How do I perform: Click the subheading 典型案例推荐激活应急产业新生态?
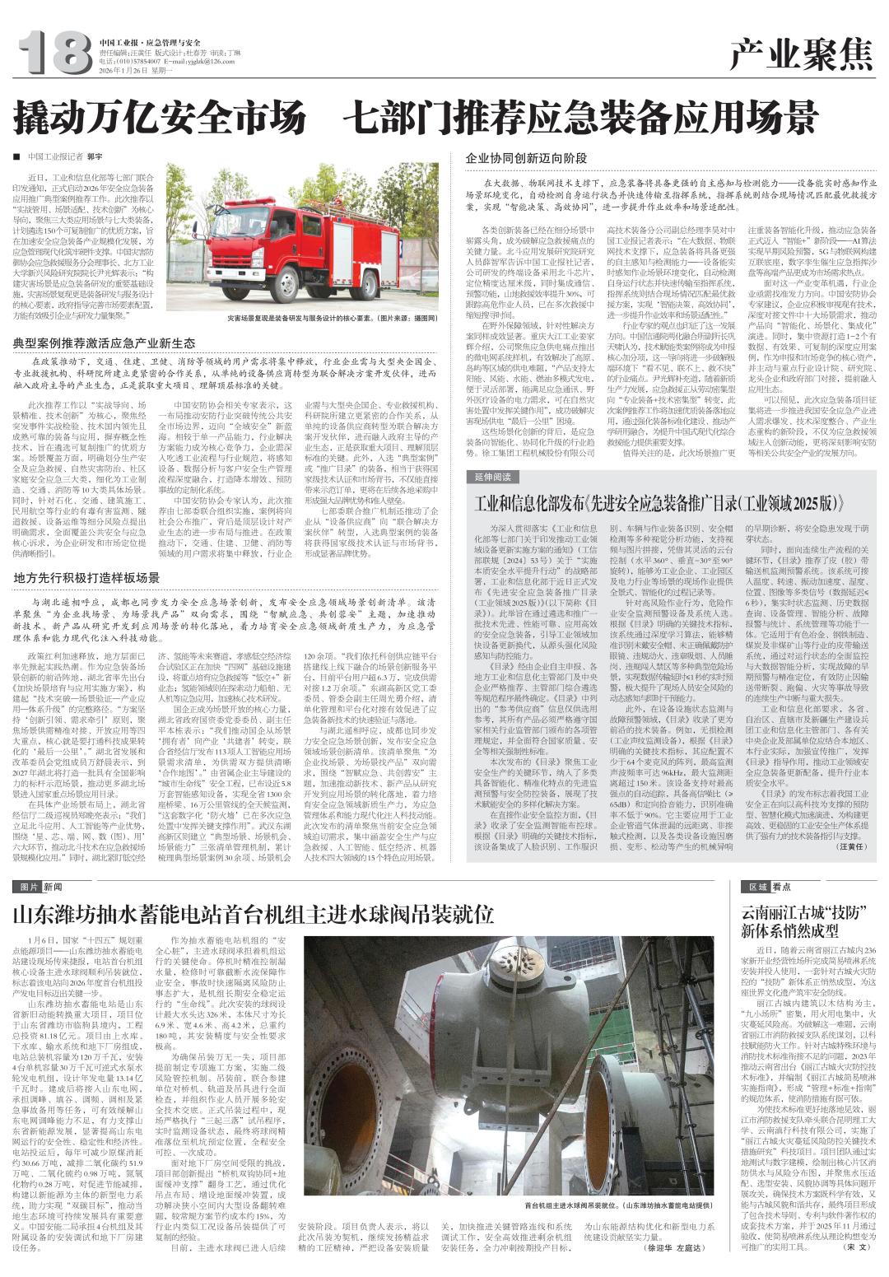pos(103,342)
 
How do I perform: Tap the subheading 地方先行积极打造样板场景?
pos(86,577)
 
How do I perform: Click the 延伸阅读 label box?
pos(494,477)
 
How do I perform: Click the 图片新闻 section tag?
pos(49,887)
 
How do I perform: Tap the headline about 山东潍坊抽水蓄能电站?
pos(254,915)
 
